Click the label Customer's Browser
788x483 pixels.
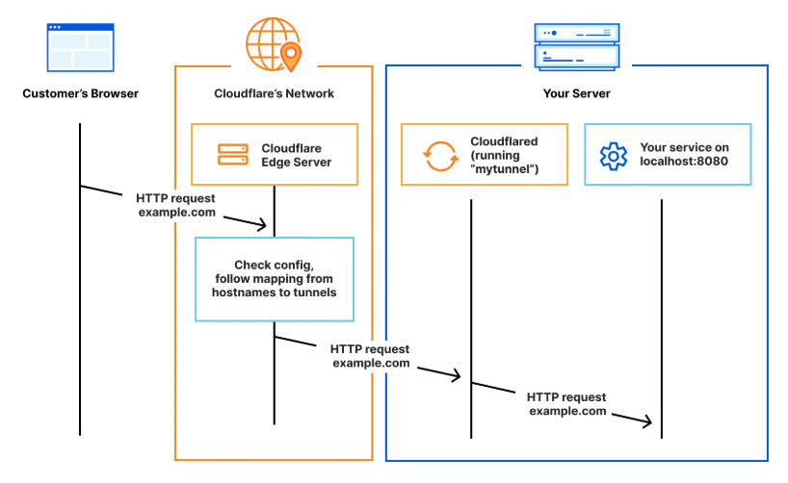[80, 93]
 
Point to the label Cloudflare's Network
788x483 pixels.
[274, 93]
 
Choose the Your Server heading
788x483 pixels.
[576, 93]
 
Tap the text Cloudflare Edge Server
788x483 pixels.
[296, 155]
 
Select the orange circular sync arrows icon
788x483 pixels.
[440, 155]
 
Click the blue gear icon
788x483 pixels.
[613, 155]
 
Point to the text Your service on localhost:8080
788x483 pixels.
[684, 155]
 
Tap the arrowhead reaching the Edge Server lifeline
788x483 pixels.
[262, 225]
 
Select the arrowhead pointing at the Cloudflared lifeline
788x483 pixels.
[459, 377]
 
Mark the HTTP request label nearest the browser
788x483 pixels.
[175, 206]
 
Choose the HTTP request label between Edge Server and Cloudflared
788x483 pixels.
[370, 356]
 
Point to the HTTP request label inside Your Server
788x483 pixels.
[566, 403]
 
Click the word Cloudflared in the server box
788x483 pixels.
[504, 141]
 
